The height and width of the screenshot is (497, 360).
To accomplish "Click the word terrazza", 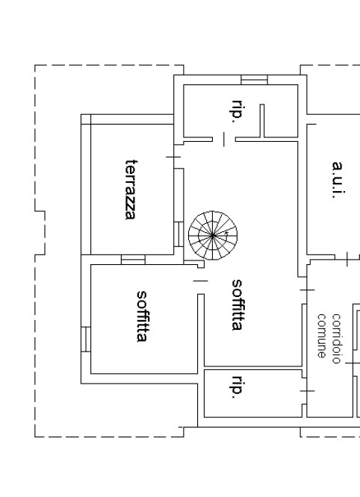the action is coord(131,190).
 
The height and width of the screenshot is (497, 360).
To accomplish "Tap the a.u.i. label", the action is coord(338,180).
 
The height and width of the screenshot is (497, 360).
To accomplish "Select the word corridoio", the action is coord(336,339).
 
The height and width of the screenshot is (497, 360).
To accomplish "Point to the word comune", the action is coord(322,336).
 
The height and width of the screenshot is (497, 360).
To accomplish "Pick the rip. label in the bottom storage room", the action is coord(238,387).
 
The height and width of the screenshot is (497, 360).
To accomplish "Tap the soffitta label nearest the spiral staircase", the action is coord(238,305).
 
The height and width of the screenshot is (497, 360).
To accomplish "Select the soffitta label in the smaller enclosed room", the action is coord(142,316).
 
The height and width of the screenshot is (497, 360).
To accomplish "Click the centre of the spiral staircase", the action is coord(213,236).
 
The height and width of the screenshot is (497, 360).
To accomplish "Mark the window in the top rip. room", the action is coord(254,80).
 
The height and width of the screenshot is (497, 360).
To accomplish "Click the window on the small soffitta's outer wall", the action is coord(86,339).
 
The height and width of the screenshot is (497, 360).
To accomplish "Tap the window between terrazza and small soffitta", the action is coord(133,260).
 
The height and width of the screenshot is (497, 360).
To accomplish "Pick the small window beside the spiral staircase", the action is coord(179,234).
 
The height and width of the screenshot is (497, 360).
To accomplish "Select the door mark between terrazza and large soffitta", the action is coord(173,157).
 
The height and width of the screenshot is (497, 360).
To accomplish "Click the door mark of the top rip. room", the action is coord(224,140).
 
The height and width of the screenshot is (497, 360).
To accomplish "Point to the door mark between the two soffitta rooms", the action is coord(200,281).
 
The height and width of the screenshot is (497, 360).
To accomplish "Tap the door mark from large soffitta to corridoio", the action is coord(307,290).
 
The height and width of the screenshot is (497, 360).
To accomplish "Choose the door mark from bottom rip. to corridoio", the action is coord(307,391).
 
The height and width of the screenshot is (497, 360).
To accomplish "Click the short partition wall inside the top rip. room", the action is coord(262,121).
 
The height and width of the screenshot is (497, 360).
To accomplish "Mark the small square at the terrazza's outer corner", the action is coord(86,119).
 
